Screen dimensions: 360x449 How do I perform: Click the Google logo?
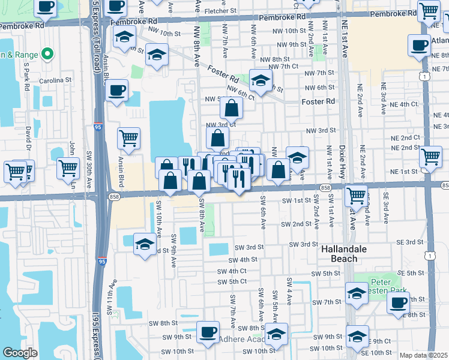(x=20, y=353)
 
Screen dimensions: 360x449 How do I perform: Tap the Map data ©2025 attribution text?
(x=423, y=355)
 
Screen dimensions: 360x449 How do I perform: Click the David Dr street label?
(x=28, y=137)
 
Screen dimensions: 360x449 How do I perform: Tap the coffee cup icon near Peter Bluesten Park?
(x=397, y=302)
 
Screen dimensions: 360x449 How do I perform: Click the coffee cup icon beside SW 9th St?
(x=208, y=332)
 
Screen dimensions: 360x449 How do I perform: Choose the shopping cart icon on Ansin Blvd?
(x=128, y=139)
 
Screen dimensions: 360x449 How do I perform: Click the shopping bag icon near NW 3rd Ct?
(x=231, y=109)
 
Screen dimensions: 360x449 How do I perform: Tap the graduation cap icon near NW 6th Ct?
(x=260, y=80)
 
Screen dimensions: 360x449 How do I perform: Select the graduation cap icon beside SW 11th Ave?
(x=144, y=244)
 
